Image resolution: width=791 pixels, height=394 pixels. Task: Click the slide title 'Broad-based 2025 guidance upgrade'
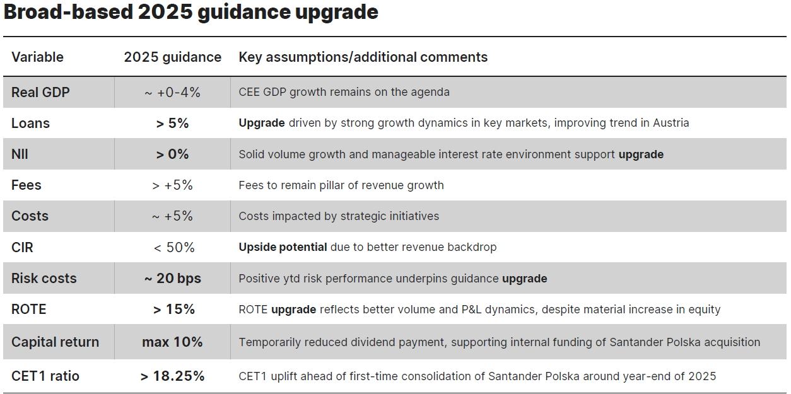191,13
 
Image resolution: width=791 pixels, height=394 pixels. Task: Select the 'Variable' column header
37,57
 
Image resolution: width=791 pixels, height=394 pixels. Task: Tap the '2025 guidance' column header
172,57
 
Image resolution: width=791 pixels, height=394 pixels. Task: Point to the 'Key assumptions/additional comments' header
363,57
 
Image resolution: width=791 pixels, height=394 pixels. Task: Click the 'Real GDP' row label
40,93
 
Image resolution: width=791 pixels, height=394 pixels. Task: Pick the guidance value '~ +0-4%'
172,93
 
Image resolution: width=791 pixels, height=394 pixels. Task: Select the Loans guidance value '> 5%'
172,123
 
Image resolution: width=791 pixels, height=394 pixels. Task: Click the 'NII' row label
20,154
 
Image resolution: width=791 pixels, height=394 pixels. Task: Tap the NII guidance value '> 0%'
172,154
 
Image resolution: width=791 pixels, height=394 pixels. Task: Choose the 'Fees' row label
26,185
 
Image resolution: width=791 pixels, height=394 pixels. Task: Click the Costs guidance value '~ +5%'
172,216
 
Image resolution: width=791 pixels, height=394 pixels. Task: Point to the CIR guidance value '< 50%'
174,248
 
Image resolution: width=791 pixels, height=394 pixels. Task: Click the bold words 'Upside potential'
283,247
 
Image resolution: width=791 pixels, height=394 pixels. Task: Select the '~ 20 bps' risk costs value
172,279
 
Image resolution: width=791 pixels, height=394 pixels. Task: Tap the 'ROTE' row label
28,310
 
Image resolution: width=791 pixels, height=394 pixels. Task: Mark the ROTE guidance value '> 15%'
174,310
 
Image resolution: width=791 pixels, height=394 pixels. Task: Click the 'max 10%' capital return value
172,342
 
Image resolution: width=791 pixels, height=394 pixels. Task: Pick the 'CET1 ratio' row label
45,376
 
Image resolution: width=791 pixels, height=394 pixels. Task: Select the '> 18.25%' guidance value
172,376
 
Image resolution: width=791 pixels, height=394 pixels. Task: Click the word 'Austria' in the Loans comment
671,123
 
